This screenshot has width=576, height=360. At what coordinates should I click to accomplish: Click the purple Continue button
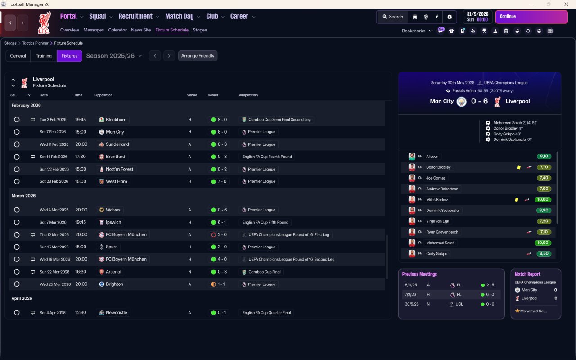531,17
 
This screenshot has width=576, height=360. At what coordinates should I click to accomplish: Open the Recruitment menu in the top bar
135,17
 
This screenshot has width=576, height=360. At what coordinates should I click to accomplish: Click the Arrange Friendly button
198,56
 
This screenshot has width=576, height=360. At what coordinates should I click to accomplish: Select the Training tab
44,56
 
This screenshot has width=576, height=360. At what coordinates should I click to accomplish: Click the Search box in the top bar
392,17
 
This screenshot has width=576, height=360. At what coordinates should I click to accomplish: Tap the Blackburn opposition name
116,120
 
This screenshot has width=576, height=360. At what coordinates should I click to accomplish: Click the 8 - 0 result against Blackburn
219,120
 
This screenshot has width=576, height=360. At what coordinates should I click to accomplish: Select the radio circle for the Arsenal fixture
17,272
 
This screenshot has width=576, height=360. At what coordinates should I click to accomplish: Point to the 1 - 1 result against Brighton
219,284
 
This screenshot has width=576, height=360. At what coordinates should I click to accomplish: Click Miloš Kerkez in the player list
437,200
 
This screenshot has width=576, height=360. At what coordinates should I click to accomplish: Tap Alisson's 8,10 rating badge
544,157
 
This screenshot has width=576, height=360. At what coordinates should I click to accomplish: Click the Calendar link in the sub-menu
117,30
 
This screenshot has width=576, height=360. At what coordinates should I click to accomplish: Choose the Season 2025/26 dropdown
114,56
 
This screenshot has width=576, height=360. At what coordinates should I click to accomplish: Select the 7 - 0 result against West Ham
219,181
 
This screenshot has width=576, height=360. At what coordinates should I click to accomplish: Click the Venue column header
192,95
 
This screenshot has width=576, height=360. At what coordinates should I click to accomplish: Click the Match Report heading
527,274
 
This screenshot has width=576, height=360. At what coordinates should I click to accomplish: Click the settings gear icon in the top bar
449,17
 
